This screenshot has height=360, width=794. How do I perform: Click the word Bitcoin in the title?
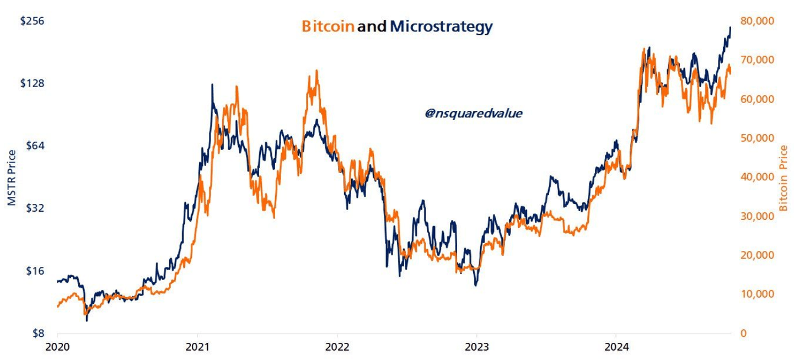(x=328, y=26)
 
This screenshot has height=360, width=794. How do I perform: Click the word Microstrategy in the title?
(x=441, y=27)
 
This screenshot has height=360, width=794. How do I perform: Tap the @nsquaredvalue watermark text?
(x=473, y=114)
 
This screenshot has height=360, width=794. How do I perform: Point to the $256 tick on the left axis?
(x=32, y=21)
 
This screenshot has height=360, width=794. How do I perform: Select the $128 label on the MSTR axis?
(x=32, y=83)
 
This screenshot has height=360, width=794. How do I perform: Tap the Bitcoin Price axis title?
(x=784, y=178)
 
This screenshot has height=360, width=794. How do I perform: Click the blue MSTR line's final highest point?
(x=731, y=27)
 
